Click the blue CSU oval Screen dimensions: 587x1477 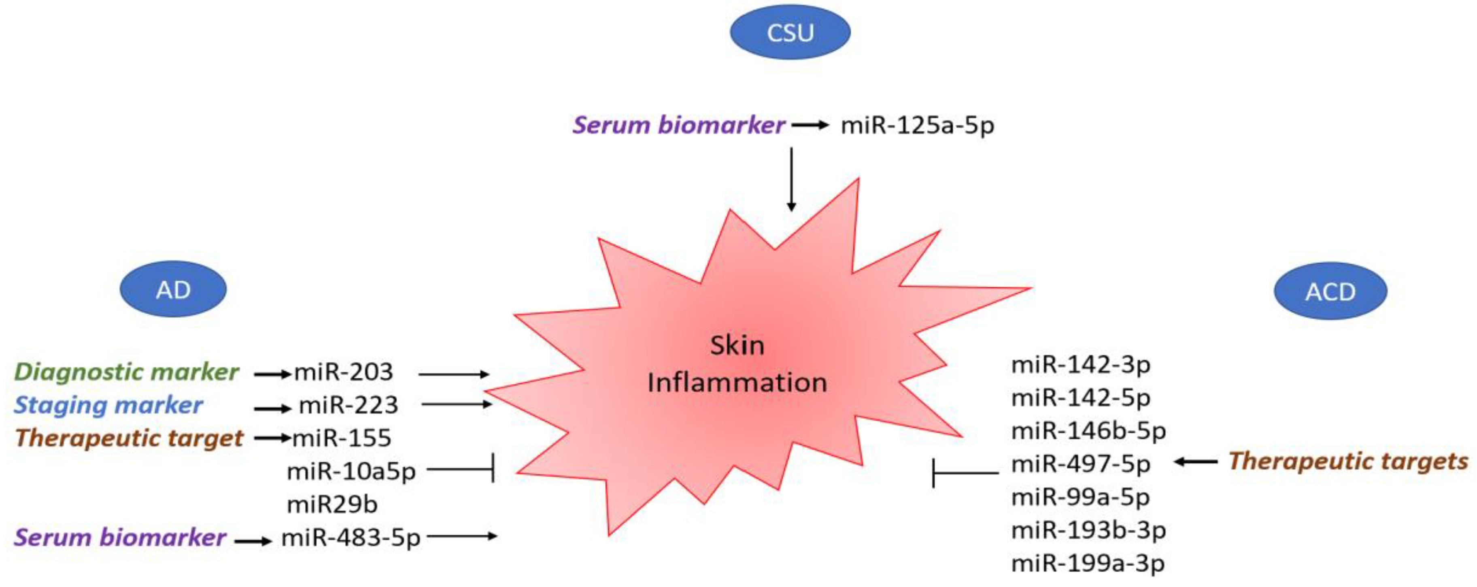coord(790,32)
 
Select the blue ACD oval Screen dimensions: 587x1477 coord(1330,291)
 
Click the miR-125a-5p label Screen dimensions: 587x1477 coord(917,125)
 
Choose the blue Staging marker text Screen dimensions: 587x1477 coord(108,405)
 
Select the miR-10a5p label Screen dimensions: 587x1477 coord(351,472)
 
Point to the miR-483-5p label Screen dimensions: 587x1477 coord(351,538)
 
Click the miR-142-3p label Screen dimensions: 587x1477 coord(1080,365)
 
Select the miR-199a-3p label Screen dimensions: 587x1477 coord(1088,564)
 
